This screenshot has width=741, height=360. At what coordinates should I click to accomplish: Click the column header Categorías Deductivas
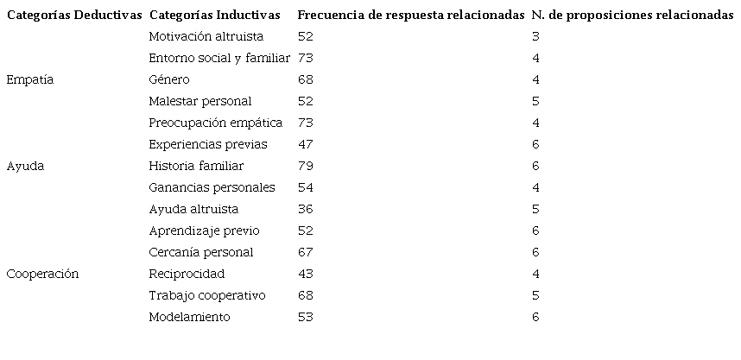[x=74, y=16]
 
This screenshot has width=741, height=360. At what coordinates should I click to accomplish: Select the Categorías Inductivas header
[x=214, y=16]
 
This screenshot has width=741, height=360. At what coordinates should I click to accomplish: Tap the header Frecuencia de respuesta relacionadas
[x=410, y=16]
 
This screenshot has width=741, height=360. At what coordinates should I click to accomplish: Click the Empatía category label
[x=30, y=79]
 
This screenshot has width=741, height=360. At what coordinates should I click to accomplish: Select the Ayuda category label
[x=25, y=166]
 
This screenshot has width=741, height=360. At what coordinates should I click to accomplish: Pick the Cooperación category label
[x=42, y=274]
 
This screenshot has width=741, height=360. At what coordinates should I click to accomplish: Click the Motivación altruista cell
[x=206, y=36]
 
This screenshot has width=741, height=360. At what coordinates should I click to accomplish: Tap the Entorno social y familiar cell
[x=219, y=58]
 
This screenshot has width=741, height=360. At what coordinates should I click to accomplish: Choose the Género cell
[x=169, y=79]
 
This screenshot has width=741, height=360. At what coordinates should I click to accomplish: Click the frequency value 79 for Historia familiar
[x=305, y=166]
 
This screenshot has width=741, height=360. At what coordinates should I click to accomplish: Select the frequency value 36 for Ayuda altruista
[x=305, y=209]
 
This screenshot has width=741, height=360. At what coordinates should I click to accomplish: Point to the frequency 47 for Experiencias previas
[x=305, y=144]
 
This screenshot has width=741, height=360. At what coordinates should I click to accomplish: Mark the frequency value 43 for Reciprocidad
[x=305, y=274]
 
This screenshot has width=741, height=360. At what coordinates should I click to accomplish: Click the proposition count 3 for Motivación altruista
[x=535, y=36]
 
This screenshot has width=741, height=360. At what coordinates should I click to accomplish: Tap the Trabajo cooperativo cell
[x=206, y=295]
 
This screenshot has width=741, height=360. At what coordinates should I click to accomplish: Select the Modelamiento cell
[x=189, y=317]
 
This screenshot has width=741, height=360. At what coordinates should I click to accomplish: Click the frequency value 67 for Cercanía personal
[x=305, y=252]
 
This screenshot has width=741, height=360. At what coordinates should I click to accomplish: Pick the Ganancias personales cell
[x=212, y=187]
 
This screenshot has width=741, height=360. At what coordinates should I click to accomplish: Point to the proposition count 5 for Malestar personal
[x=535, y=101]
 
